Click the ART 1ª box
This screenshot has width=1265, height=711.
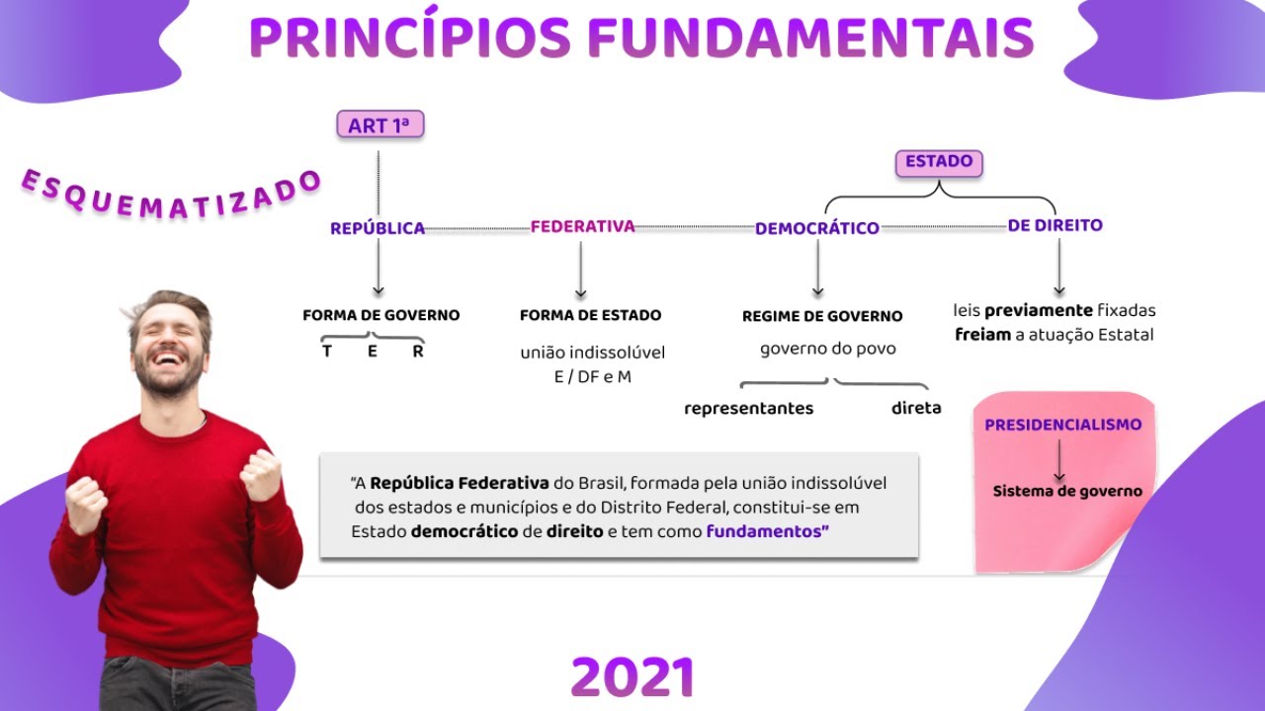[x=379, y=125]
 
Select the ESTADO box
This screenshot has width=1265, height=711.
[x=939, y=162]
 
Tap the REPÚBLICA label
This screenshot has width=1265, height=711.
[x=378, y=228]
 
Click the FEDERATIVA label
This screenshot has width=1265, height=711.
[x=582, y=226]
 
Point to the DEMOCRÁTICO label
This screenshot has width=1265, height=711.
[x=816, y=228]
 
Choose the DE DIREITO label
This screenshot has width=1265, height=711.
[x=1054, y=225]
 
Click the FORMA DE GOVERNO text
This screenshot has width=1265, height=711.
[x=380, y=316]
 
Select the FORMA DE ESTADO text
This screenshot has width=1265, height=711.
[x=590, y=316]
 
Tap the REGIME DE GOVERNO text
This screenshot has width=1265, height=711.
[x=822, y=317]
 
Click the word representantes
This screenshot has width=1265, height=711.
[x=748, y=408]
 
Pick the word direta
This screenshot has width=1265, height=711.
[x=915, y=408]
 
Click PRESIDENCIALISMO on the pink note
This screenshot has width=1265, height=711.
[x=1062, y=425]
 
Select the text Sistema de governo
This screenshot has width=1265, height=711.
[x=1067, y=491]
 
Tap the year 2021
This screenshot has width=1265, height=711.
[x=632, y=678]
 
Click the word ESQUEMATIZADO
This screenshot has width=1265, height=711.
[x=170, y=195]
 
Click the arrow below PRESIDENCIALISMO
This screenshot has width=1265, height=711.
[x=1059, y=459]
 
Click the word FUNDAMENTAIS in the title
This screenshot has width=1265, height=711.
[x=810, y=38]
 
